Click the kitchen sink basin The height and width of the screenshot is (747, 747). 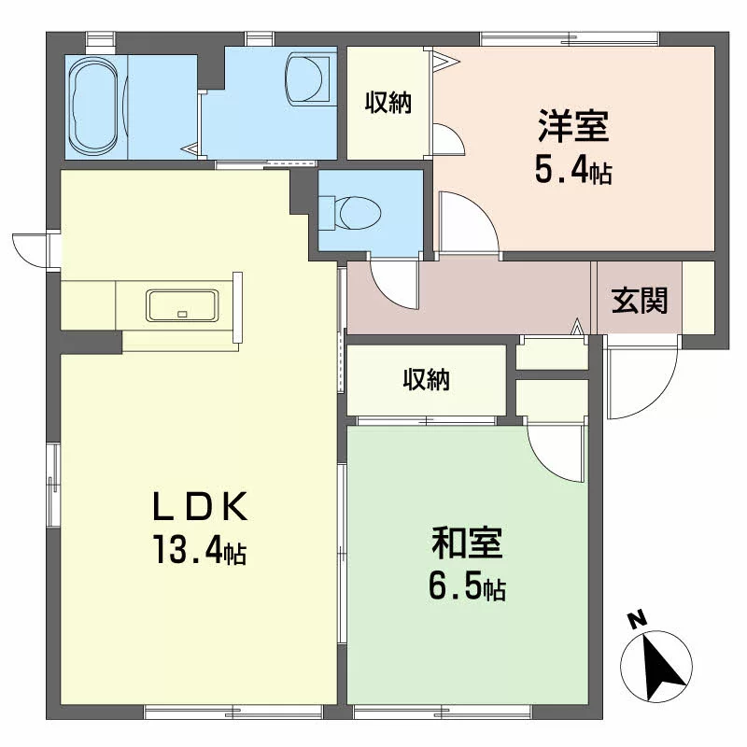coord(182,305)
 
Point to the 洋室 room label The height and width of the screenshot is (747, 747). coord(573,126)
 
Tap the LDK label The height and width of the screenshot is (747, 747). coord(200,506)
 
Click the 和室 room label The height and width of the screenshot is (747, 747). coord(467,543)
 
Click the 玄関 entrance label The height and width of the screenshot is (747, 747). coord(640,300)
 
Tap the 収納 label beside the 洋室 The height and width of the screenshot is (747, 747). coord(388,102)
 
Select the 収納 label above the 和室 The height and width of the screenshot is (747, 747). coord(427,379)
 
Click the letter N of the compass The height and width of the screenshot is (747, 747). coord(637,620)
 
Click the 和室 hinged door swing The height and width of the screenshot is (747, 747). coord(555,453)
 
